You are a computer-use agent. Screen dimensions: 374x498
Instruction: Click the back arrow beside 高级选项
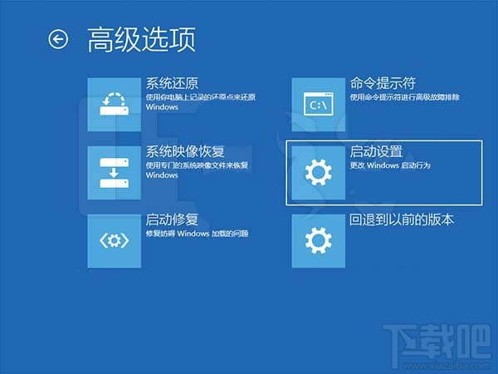(x=58, y=39)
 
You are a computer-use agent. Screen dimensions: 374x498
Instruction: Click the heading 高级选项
(x=141, y=39)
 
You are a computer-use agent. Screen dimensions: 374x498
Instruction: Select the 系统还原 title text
(x=173, y=84)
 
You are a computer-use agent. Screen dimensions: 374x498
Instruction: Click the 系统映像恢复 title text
(x=183, y=152)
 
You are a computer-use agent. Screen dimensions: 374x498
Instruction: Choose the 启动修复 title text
(x=172, y=220)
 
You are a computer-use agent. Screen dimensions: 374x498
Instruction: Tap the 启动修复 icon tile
(x=115, y=241)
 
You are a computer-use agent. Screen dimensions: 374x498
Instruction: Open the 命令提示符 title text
(x=382, y=84)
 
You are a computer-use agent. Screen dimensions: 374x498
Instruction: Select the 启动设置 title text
(x=376, y=152)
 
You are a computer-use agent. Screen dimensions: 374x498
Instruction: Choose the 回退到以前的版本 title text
(x=401, y=220)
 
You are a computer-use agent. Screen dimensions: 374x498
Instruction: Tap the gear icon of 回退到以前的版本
(x=318, y=241)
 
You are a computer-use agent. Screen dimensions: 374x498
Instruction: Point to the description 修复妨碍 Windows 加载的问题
(x=197, y=234)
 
